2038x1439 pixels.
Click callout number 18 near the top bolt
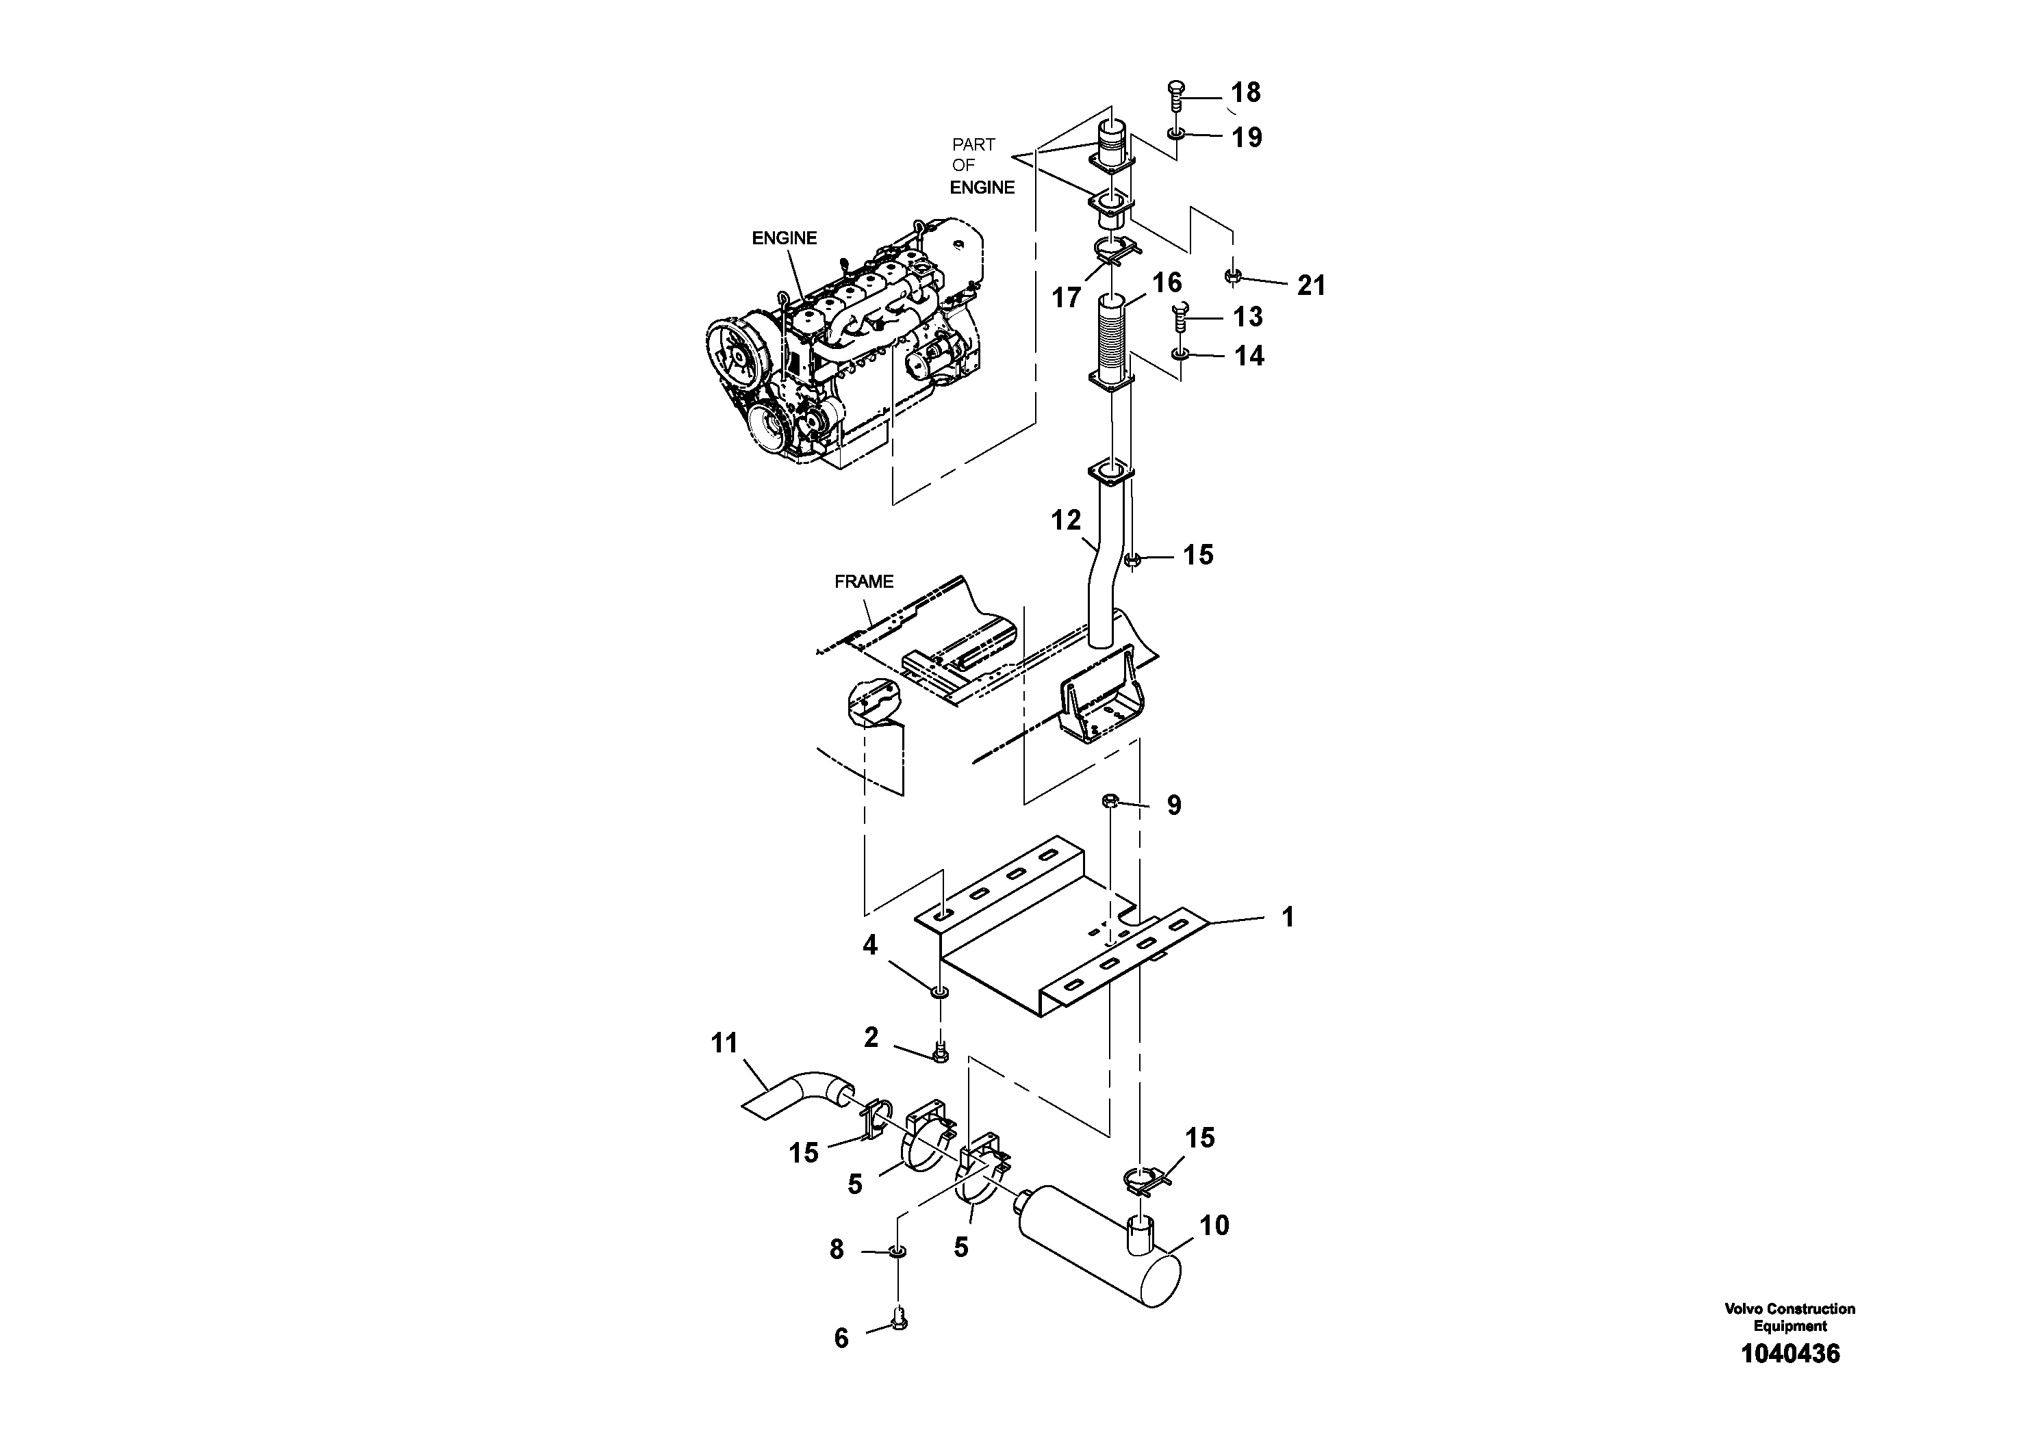(1245, 92)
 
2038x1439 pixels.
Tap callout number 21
(1310, 285)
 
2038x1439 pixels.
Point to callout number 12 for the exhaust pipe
(1066, 520)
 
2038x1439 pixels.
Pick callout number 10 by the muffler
(1214, 1226)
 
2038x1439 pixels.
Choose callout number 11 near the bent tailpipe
(724, 1043)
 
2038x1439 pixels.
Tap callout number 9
(1173, 805)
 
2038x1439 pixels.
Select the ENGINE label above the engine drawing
(784, 237)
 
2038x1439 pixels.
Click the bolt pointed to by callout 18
(1177, 96)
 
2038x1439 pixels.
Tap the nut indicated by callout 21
(1231, 277)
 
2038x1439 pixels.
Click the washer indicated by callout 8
(897, 1252)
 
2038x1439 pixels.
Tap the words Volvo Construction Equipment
(1789, 1317)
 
